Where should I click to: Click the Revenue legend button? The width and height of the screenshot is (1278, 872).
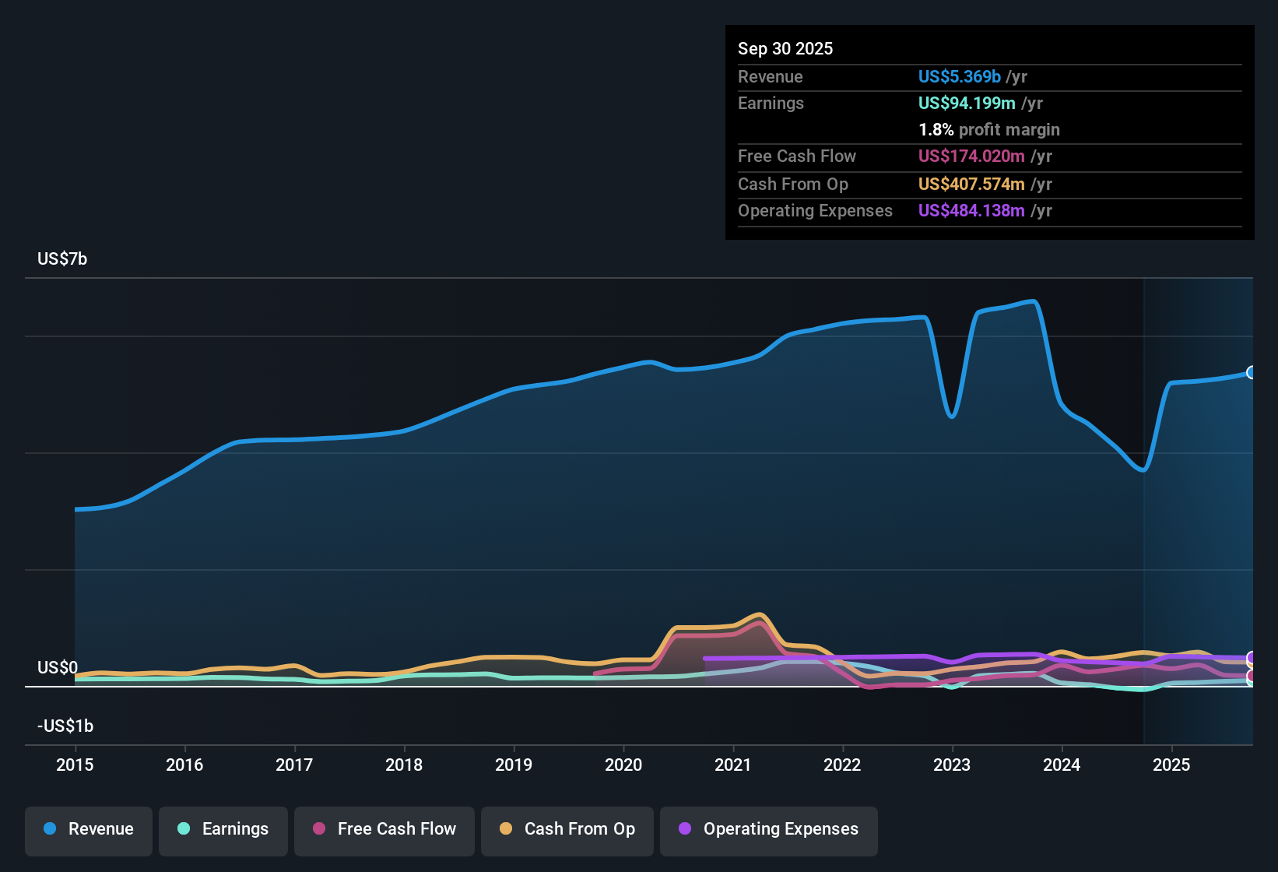(x=89, y=829)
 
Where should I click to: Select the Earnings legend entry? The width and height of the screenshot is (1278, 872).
(x=223, y=829)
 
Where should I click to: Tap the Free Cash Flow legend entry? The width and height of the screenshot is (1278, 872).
(x=384, y=829)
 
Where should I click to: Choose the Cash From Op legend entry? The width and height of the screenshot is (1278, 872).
(x=567, y=829)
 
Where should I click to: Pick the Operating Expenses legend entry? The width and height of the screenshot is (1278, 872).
(x=769, y=829)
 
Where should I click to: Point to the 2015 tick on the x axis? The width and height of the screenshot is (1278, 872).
(x=75, y=765)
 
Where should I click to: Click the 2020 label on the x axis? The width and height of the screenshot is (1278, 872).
(x=623, y=765)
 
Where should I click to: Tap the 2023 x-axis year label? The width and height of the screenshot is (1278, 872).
(x=952, y=765)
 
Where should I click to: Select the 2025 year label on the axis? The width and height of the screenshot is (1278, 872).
(x=1171, y=765)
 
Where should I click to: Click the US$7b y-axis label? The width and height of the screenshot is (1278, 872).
(x=62, y=258)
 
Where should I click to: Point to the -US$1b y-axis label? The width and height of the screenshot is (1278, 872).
(x=65, y=726)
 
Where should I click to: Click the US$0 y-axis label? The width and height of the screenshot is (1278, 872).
(x=58, y=667)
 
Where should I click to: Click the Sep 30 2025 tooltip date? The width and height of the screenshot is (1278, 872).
(x=785, y=48)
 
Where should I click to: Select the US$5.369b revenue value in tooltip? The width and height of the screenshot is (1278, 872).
(x=959, y=76)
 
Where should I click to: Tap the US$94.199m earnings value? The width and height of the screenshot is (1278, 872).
(x=967, y=103)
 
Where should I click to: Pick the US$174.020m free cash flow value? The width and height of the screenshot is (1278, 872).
(x=971, y=156)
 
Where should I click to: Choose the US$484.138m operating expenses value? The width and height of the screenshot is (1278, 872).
(x=971, y=210)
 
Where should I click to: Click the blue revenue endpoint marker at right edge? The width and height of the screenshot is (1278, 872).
(x=1252, y=372)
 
